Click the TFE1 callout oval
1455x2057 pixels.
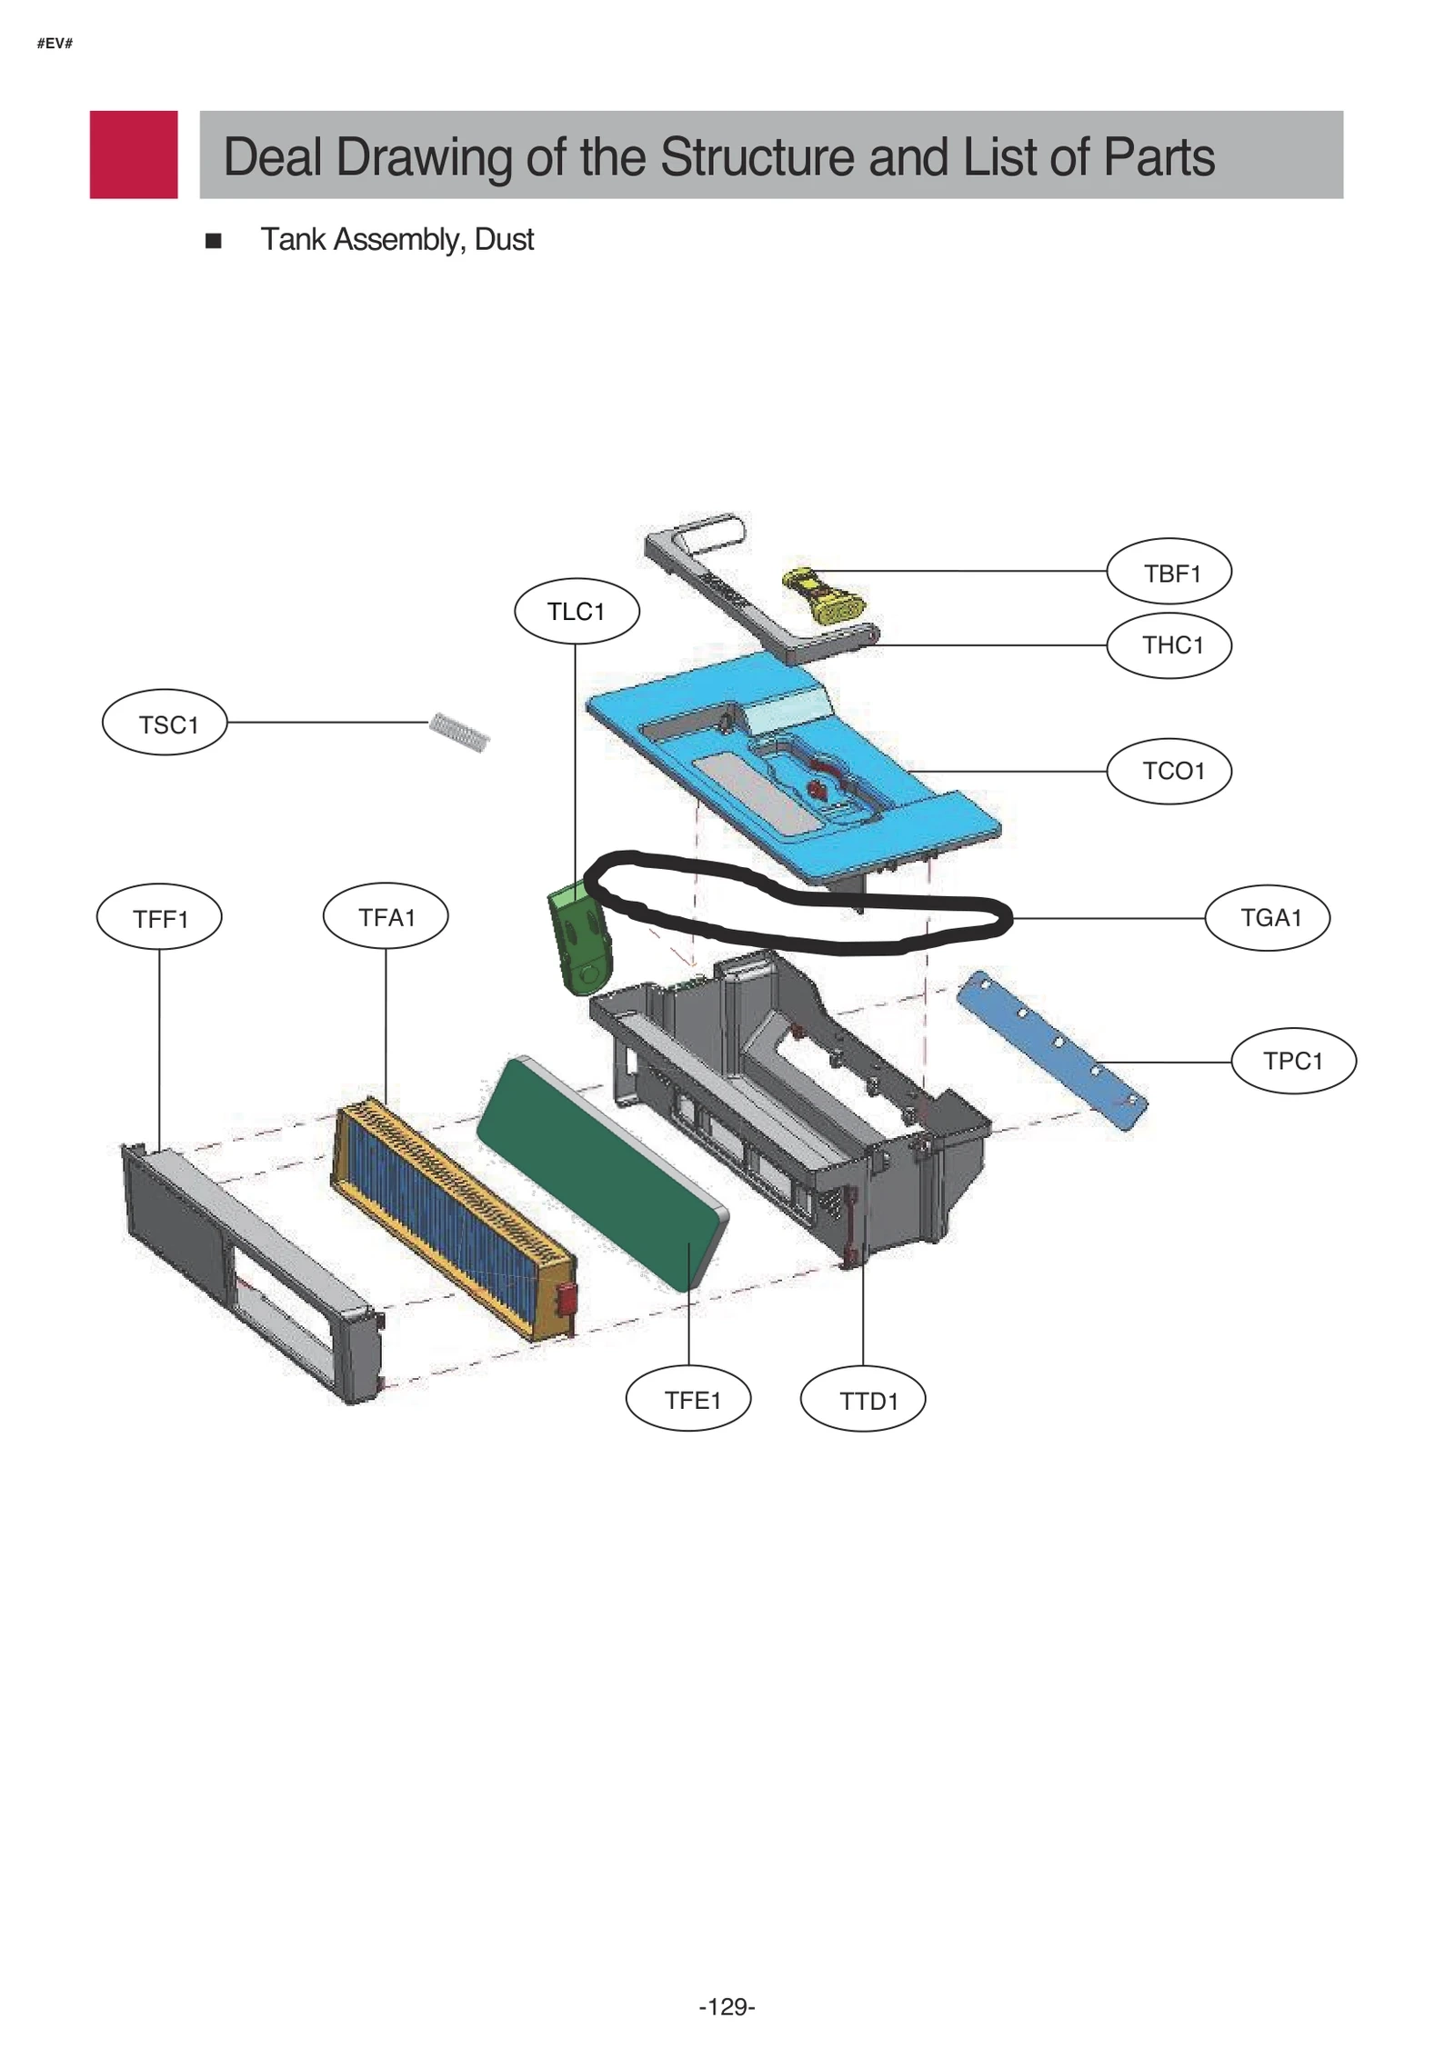[688, 1399]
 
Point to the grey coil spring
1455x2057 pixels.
[459, 731]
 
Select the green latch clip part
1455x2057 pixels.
[578, 944]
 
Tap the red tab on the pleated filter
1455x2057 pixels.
[565, 1300]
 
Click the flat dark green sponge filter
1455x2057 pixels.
[602, 1172]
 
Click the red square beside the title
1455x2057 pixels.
[134, 155]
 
